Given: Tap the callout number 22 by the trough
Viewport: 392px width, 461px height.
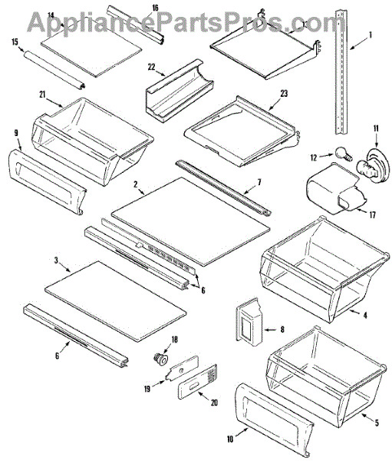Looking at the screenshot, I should (x=152, y=67).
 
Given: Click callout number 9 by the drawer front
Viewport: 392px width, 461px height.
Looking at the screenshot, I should (x=16, y=134).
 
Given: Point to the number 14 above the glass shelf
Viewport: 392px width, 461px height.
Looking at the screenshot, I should (x=50, y=15).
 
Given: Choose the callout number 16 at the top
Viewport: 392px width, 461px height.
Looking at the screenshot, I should (x=154, y=8).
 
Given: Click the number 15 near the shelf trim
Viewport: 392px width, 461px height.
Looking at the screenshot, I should (x=15, y=41).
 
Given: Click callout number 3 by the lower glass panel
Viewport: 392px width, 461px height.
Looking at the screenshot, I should (x=56, y=261).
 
